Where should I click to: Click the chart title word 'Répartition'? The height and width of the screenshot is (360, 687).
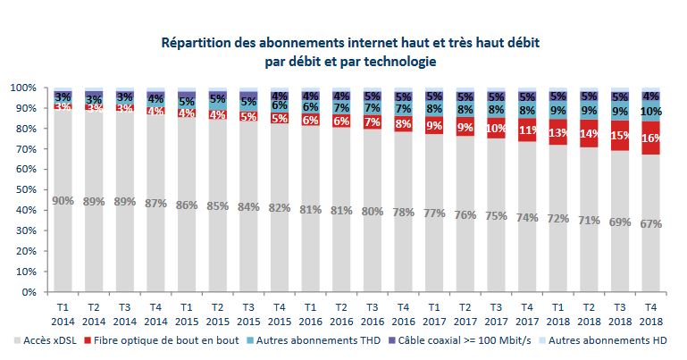click(x=196, y=42)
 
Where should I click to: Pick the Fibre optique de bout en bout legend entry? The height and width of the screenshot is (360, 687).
click(x=178, y=340)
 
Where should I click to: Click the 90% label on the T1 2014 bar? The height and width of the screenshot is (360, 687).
click(x=63, y=200)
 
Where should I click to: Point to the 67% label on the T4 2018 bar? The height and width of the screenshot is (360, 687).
click(x=650, y=224)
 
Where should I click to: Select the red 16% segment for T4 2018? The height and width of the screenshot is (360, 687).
click(x=650, y=138)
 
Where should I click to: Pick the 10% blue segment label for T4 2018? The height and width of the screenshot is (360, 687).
click(x=650, y=112)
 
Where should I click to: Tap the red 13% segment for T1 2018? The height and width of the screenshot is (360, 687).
click(x=557, y=133)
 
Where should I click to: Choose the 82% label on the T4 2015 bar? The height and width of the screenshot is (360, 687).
click(x=280, y=208)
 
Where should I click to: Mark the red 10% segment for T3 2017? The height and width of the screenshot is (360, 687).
click(x=496, y=129)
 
